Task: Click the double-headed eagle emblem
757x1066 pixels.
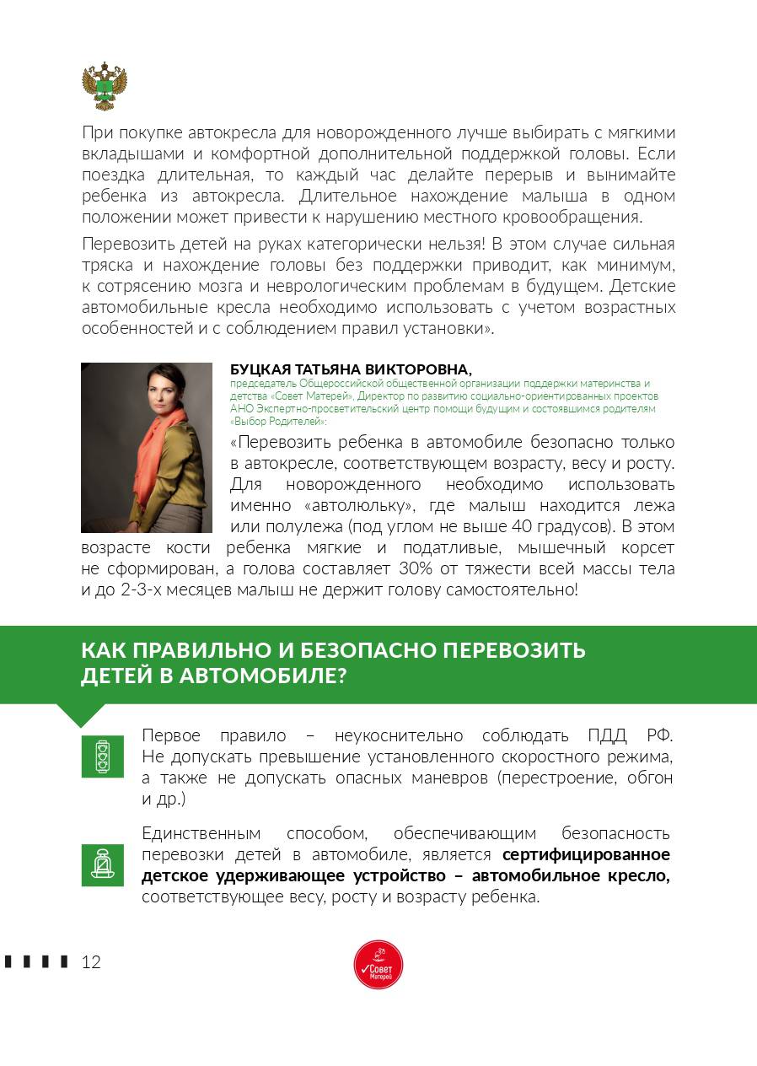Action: point(105,86)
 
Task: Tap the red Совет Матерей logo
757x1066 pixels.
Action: point(378,965)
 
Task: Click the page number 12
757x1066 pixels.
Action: point(91,962)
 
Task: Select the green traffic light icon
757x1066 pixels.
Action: point(103,756)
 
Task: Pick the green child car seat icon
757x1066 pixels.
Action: point(103,864)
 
